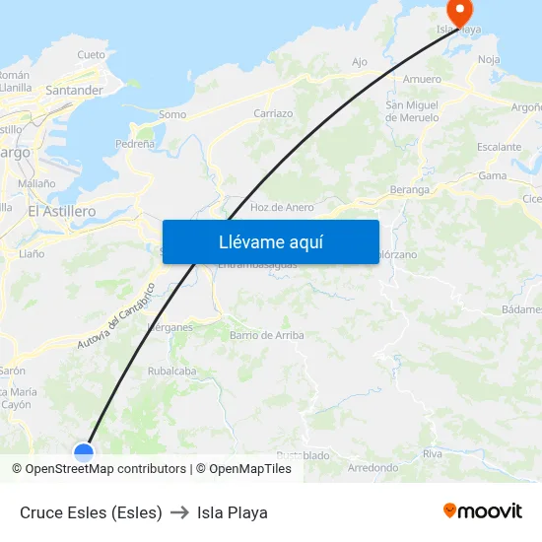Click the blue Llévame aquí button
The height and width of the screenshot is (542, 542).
click(270, 241)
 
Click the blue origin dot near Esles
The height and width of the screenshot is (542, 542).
click(84, 452)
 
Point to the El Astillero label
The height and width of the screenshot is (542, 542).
click(61, 211)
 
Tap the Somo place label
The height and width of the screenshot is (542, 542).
click(171, 114)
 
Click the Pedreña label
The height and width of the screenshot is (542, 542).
click(135, 144)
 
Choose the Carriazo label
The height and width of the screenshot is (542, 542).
click(273, 113)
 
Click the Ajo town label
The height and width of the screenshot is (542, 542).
click(360, 62)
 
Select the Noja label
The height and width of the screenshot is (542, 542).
click(489, 60)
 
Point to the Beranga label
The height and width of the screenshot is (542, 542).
click(410, 189)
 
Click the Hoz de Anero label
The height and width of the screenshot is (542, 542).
click(282, 207)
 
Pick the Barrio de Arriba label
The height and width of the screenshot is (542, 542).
click(266, 335)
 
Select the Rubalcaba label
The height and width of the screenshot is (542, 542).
click(171, 372)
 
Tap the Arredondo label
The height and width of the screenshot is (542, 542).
click(373, 468)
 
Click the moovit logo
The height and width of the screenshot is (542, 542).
click(482, 510)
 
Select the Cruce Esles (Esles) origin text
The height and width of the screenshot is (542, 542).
click(91, 512)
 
